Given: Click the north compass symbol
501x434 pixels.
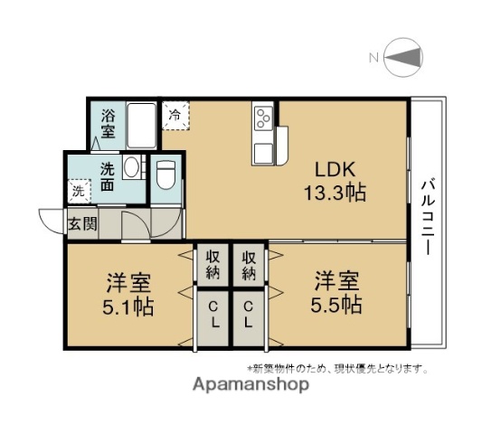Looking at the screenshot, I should pos(403,60).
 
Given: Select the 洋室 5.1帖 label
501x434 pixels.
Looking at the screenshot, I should pos(126,295).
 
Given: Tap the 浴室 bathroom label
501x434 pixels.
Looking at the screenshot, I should pos(109,124).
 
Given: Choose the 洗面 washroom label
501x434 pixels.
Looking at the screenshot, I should pos(108,176).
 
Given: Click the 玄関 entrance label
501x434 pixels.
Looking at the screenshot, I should pos(82,224).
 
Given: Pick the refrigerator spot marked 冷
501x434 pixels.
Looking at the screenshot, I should pos(175,115).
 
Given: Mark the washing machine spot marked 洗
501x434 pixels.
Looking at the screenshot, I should pos(79,191).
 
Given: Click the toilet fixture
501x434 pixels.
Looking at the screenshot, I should pos(165,177).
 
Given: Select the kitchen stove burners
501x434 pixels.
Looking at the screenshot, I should pos(263,118).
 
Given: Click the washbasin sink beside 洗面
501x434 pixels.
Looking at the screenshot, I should pos(131,167).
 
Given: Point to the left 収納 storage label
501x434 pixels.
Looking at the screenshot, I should pos(214,263).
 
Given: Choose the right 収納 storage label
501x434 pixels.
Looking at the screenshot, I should pos(250,263).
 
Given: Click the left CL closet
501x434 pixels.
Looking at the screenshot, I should pos(214,316).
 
